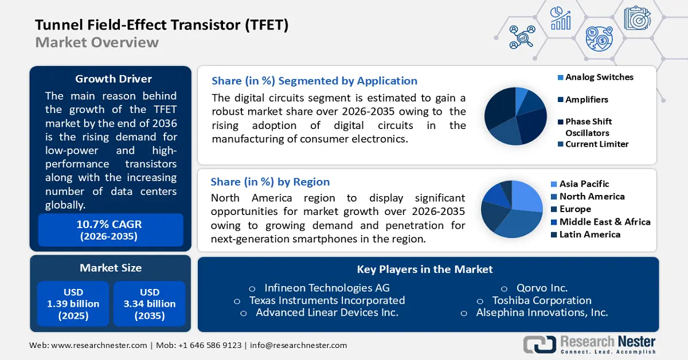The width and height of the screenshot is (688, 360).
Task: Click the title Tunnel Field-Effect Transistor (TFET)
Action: (162, 25)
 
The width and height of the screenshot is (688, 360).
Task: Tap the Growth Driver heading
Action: (114, 79)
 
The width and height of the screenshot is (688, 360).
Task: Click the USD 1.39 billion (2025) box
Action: (73, 304)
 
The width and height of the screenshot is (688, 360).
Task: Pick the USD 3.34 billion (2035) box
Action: (150, 304)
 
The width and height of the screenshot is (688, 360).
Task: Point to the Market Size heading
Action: (111, 268)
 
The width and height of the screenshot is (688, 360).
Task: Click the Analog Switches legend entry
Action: (599, 77)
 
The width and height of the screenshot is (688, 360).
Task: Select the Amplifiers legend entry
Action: (586, 99)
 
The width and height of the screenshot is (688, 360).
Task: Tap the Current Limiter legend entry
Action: (596, 144)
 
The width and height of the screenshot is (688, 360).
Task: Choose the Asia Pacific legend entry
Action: (584, 183)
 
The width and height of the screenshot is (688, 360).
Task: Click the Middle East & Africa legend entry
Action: (604, 222)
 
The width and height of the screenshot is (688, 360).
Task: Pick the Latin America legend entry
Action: (589, 234)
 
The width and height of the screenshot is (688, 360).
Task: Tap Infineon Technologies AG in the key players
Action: (327, 288)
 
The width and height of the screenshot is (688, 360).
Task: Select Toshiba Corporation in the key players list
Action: (541, 300)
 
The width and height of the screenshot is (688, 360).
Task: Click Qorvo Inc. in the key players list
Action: (542, 288)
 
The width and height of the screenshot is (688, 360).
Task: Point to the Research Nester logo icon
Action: (540, 344)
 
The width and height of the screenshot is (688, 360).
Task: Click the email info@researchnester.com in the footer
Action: (298, 345)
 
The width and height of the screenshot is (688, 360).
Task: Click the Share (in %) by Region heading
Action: (270, 182)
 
